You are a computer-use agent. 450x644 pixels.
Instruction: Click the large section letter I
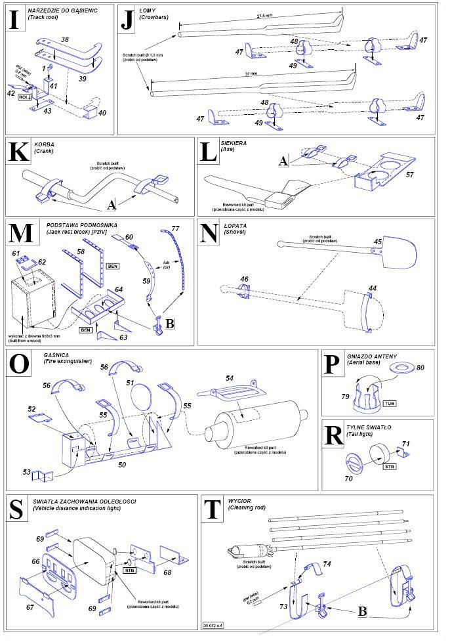tap(14, 20)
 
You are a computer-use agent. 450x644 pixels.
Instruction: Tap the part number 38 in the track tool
tap(64, 40)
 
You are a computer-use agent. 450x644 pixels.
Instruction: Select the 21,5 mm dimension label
tap(266, 14)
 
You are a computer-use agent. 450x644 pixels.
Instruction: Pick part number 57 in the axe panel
tap(410, 175)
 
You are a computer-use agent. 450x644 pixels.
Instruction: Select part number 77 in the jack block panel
tap(175, 228)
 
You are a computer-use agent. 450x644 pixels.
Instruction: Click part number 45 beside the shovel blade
tap(396, 242)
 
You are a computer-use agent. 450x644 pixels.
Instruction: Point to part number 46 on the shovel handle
tap(244, 279)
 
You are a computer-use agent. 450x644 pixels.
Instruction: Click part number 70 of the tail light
tap(348, 479)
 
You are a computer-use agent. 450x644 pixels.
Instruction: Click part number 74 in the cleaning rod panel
tap(327, 563)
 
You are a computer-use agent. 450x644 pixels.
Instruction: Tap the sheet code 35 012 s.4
tap(213, 626)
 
